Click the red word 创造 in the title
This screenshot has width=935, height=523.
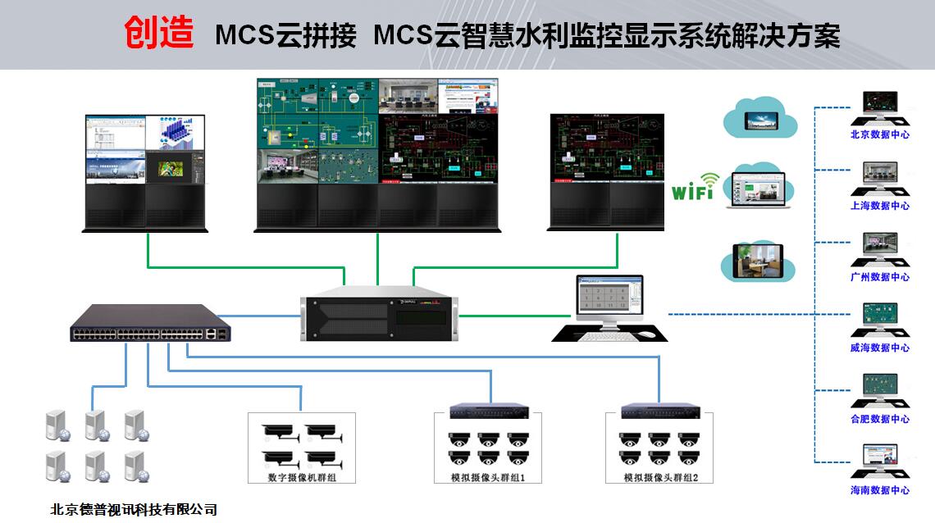click(x=159, y=34)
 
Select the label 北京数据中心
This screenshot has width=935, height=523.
click(x=879, y=134)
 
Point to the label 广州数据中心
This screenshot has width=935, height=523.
click(x=879, y=277)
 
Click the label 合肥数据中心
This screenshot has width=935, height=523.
click(x=879, y=419)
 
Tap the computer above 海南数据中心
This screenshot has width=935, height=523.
click(x=879, y=462)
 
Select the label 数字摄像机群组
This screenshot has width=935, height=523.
click(x=302, y=476)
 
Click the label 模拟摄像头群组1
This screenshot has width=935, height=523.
click(x=487, y=477)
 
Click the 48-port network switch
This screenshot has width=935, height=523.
click(x=151, y=323)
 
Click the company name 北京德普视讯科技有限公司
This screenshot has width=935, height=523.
click(x=134, y=509)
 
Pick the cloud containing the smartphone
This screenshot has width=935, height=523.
click(x=760, y=119)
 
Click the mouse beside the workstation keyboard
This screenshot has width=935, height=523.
click(x=647, y=334)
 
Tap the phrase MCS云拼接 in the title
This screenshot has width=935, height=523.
click(x=285, y=36)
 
